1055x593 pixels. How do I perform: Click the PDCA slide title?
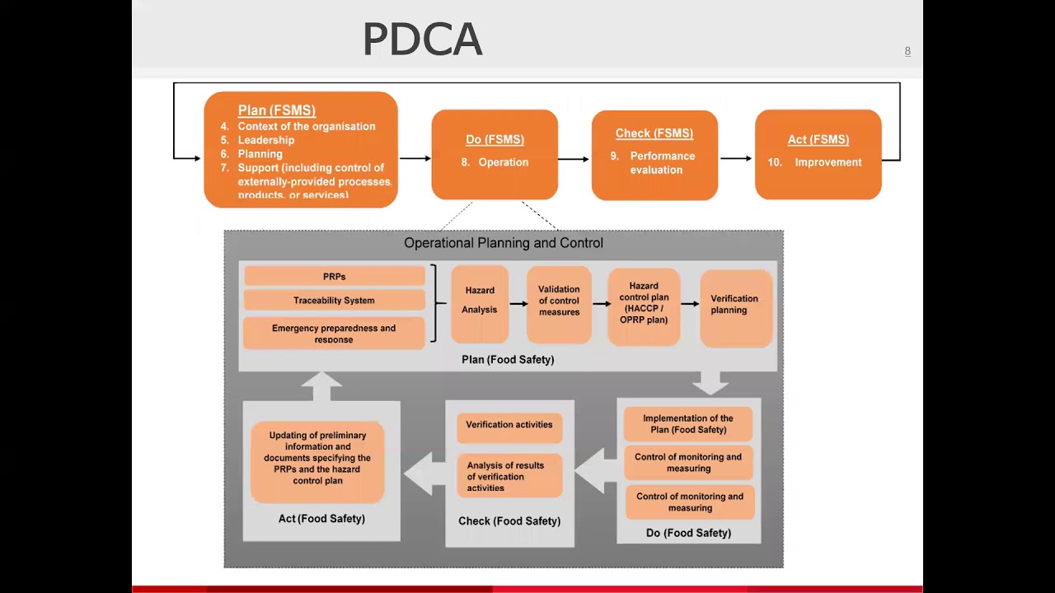[x=423, y=39]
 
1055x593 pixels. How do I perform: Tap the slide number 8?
[x=907, y=51]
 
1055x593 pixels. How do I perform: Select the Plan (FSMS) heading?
[x=277, y=110]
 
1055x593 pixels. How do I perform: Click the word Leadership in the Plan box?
[x=266, y=140]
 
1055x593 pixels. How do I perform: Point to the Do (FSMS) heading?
[x=495, y=139]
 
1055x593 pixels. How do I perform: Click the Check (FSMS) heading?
[x=654, y=133]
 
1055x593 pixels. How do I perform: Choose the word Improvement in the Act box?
[x=828, y=162]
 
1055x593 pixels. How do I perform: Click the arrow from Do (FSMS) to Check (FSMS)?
[x=574, y=159]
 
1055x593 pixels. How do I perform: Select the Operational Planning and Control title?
[x=504, y=243]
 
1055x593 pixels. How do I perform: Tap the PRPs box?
[x=335, y=276]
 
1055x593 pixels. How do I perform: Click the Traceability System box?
[x=335, y=301]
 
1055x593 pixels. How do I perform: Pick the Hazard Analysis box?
[x=480, y=304]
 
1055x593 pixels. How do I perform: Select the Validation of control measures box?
[x=559, y=305]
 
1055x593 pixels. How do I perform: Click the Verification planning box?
[x=736, y=308]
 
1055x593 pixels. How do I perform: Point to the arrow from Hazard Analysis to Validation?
[x=518, y=304]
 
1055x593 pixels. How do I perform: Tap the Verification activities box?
[x=509, y=427]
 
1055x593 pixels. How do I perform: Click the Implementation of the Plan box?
[x=688, y=424]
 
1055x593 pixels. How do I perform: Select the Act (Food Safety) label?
[x=321, y=519]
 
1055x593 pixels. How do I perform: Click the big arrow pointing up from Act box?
[x=321, y=386]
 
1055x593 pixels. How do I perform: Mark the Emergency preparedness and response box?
[x=334, y=334]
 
